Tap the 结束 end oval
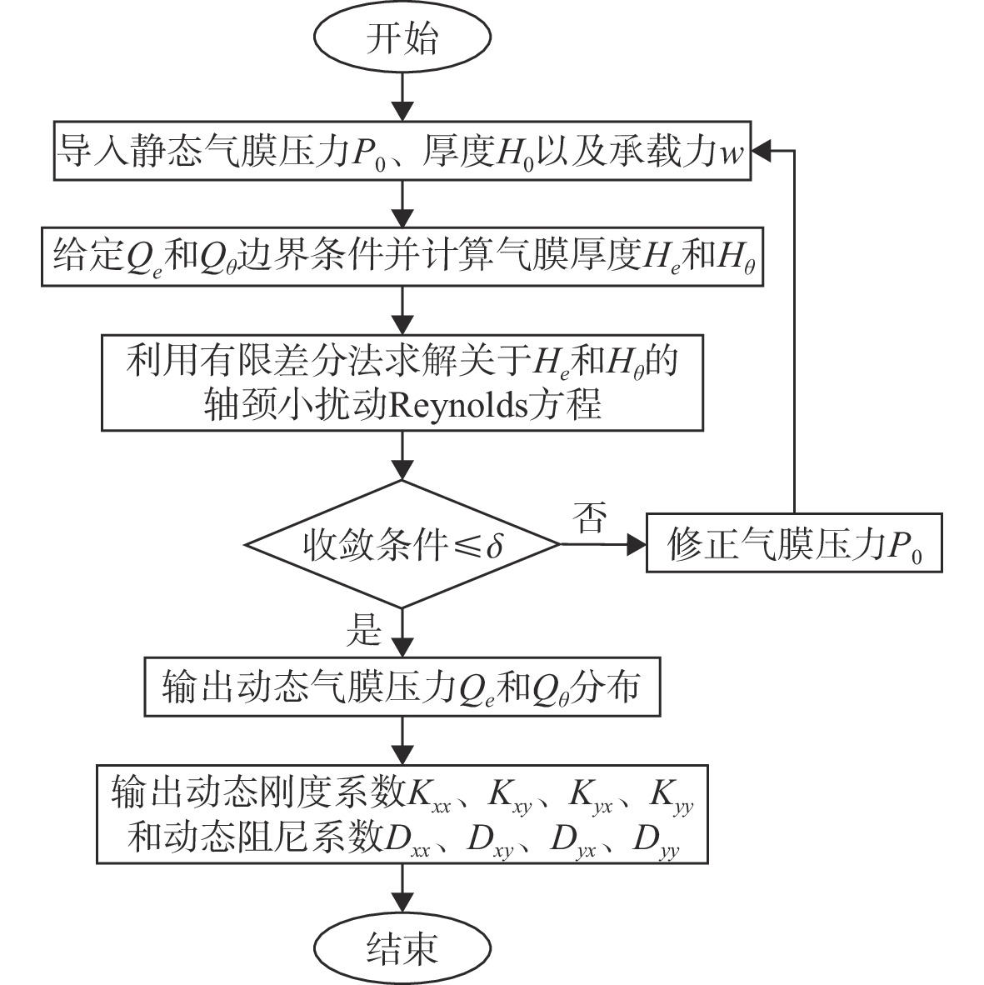pos(402,947)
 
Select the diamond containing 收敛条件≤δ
pos(402,545)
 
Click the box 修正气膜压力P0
pos(794,543)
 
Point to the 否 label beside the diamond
pos(590,517)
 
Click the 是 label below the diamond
pos(364,629)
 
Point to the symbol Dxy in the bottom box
pos(491,841)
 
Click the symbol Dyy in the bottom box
pos(657,841)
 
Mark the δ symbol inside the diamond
pos(495,545)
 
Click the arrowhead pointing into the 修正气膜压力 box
pos(637,545)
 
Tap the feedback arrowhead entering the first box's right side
pos(761,151)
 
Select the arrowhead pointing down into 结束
pos(402,903)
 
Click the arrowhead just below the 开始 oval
pos(402,111)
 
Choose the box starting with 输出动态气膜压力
pos(402,687)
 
